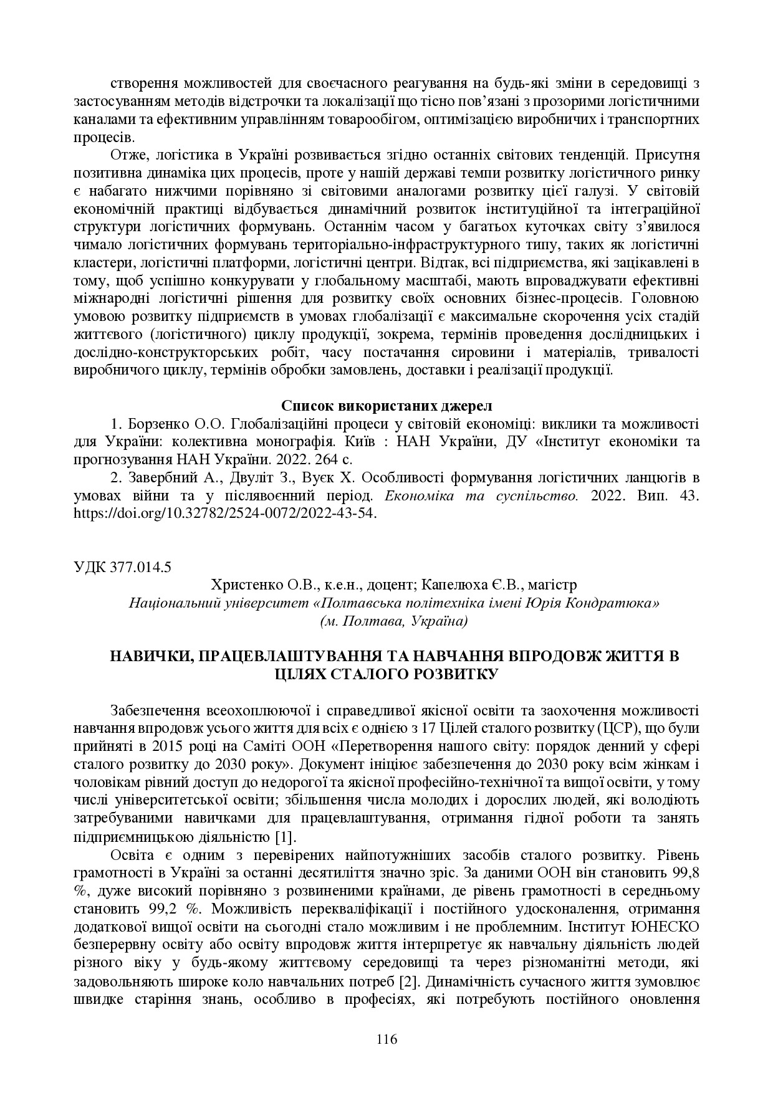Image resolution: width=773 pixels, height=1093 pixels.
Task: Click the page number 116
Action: pos(386,1039)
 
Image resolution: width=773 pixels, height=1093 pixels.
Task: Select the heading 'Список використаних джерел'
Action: pos(386,406)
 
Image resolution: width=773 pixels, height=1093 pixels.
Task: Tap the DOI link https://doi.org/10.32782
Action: pos(224,514)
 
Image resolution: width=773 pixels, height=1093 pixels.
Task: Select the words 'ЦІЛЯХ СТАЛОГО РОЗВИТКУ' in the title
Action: pos(386,674)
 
